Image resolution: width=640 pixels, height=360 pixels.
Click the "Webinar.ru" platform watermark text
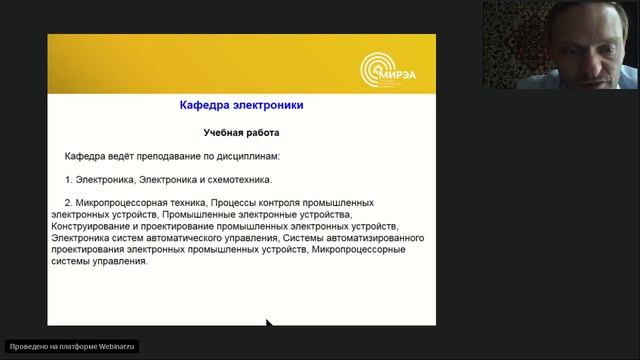114,346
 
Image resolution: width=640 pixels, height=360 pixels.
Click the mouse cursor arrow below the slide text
268,323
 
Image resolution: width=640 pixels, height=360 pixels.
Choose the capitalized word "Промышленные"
196,214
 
